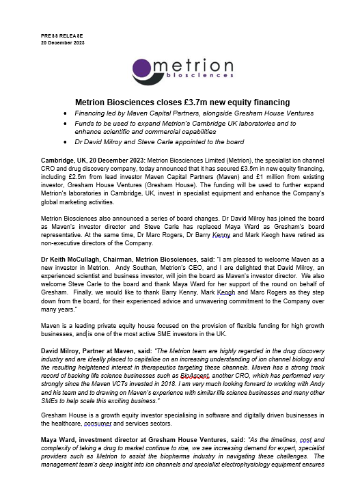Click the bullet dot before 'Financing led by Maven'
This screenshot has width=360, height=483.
pos(65,112)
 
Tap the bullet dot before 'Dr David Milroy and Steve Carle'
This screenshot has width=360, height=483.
pos(65,142)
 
